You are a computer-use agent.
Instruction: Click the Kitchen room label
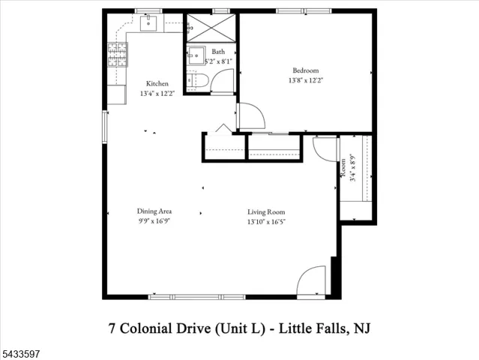pos(157,83)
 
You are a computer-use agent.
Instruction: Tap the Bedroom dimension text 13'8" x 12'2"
pos(306,80)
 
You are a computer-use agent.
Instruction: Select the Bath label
pos(218,52)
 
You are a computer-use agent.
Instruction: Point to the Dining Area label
pos(154,211)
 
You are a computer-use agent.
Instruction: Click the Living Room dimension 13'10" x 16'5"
pos(266,221)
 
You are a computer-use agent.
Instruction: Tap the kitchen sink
pos(148,23)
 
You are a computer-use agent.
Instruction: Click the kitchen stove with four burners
pos(118,55)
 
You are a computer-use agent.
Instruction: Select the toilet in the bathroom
pos(197,80)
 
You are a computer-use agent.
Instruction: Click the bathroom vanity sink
pos(196,55)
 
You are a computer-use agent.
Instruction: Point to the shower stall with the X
pos(211,28)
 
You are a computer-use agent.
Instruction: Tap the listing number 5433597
pos(20,354)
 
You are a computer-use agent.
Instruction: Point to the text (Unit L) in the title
pos(240,328)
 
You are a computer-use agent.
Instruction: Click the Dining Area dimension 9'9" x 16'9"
pos(154,221)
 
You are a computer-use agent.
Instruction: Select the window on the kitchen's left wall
pos(105,127)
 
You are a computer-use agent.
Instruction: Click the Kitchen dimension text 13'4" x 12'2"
pos(157,94)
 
